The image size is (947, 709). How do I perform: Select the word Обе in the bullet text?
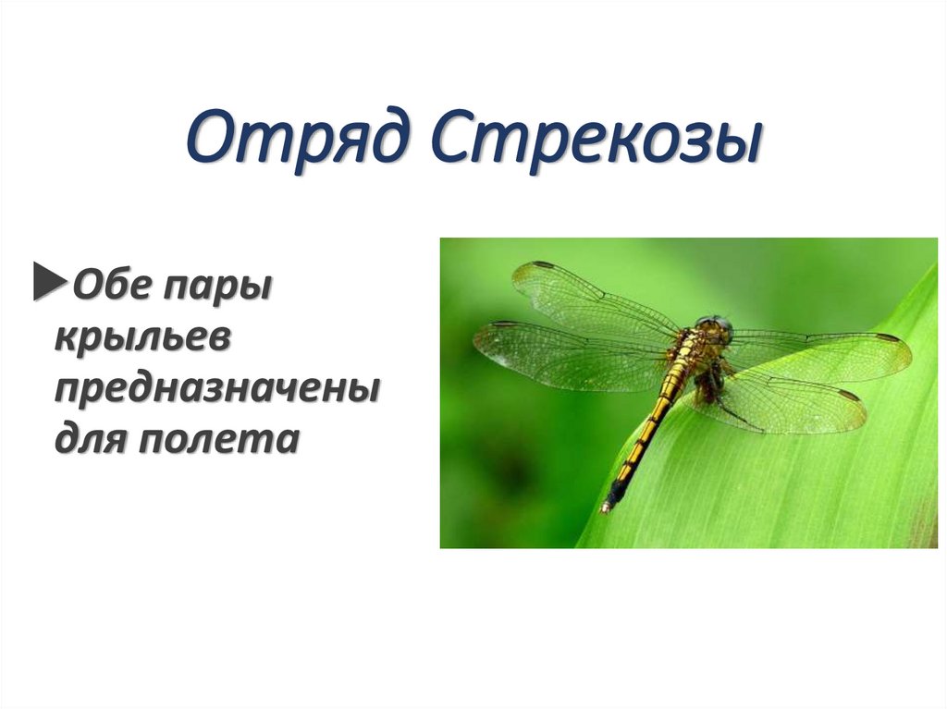pyautogui.click(x=111, y=283)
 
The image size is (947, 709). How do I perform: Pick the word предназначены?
pyautogui.click(x=216, y=389)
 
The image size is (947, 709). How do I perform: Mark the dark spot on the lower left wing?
pyautogui.click(x=505, y=324)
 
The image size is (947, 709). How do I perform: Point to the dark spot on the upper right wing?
pyautogui.click(x=888, y=338)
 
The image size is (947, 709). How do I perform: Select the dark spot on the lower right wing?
pyautogui.click(x=848, y=396)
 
